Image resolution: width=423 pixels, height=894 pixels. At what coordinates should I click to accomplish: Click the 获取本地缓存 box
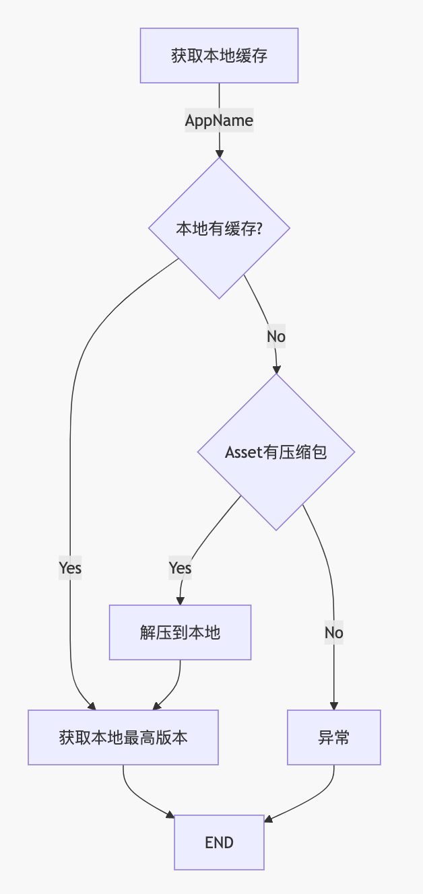(x=219, y=55)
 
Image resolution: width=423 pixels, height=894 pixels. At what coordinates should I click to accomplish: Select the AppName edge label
(x=219, y=121)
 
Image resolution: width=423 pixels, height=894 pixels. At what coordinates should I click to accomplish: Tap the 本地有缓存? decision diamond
(x=219, y=228)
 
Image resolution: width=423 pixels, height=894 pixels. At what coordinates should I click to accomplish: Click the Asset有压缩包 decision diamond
(x=276, y=452)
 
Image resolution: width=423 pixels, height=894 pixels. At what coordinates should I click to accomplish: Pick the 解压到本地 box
(x=180, y=632)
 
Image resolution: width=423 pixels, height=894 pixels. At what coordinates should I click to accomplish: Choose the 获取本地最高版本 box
(x=123, y=737)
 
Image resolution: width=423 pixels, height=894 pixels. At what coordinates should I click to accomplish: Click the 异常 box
(x=334, y=737)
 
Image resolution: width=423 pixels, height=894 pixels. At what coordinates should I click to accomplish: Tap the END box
(x=219, y=842)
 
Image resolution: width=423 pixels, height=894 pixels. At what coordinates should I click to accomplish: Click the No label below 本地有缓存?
(x=276, y=336)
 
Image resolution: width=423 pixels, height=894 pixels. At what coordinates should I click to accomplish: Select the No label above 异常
(x=334, y=633)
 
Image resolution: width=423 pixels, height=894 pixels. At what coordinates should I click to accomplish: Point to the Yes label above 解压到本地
(x=180, y=568)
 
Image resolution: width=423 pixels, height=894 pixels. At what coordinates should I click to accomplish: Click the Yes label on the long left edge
(x=70, y=568)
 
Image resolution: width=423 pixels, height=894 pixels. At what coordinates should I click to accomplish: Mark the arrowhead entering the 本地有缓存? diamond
(x=219, y=153)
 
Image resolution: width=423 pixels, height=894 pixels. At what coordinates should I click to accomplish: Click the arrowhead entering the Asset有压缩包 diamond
(x=276, y=369)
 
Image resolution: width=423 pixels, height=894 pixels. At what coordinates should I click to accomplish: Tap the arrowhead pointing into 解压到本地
(x=180, y=600)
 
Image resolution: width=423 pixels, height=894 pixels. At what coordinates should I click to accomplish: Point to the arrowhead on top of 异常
(x=334, y=706)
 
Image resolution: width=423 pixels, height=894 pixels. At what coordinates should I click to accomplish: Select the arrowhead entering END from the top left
(x=171, y=817)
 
